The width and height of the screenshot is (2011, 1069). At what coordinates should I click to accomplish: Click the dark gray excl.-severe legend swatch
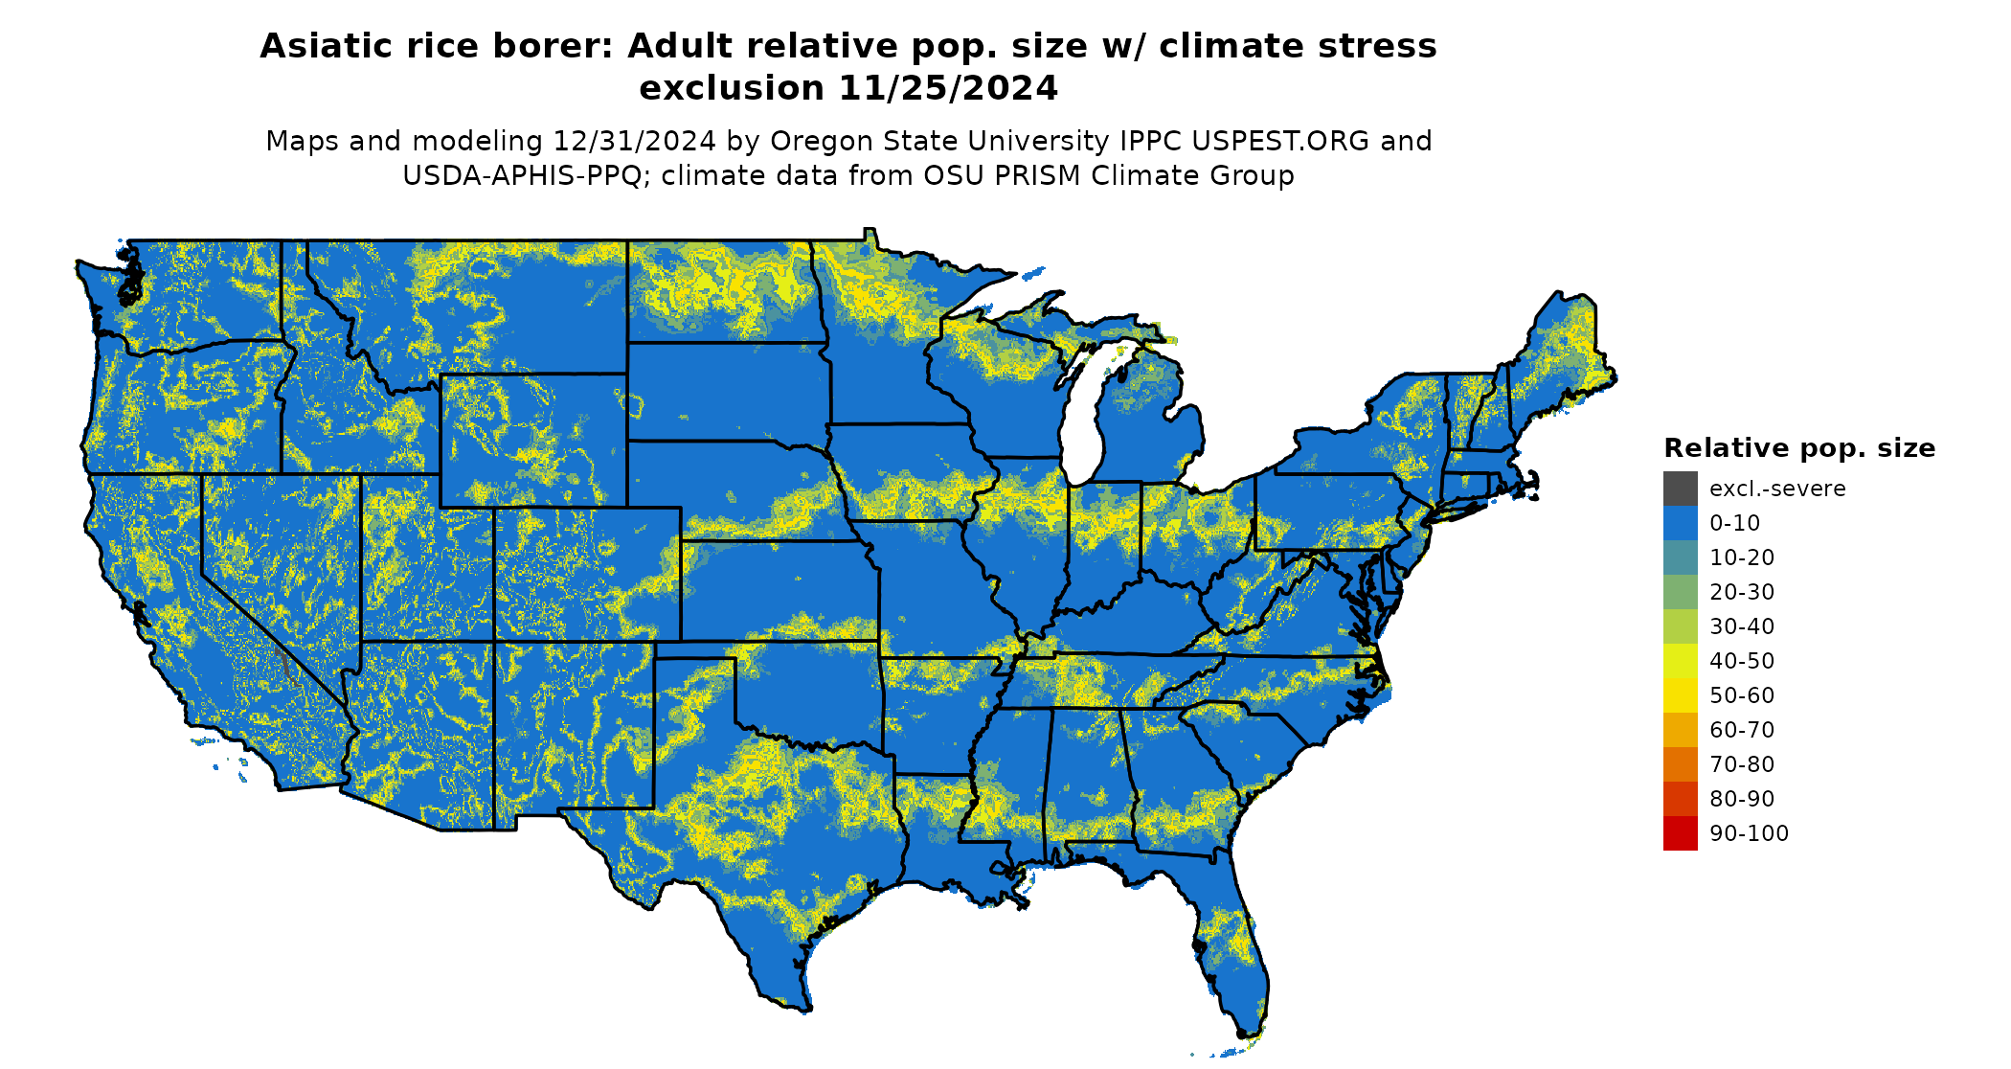[1680, 489]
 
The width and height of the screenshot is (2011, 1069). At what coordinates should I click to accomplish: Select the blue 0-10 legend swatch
[1680, 523]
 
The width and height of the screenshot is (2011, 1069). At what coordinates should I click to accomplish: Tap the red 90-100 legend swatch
[1680, 833]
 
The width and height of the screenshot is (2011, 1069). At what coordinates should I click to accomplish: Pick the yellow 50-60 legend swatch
[1680, 695]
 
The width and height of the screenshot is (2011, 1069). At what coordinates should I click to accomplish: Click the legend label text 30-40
[1741, 626]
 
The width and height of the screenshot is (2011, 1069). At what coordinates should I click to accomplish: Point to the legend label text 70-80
[1741, 764]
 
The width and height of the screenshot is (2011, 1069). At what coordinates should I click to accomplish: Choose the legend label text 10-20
[1741, 557]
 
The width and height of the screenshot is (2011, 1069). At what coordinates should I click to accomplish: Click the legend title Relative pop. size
[1798, 448]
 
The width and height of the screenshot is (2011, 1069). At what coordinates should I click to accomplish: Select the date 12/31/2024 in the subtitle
[634, 141]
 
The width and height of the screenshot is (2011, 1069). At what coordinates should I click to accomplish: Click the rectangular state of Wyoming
[533, 440]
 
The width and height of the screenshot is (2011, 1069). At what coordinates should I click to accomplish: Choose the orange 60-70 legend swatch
[1680, 730]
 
